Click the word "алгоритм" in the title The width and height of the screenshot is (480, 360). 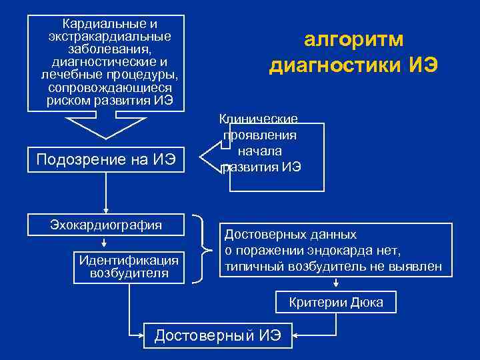[353, 40]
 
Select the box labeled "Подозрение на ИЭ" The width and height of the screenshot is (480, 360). [106, 159]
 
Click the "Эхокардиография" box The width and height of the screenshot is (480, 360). [106, 225]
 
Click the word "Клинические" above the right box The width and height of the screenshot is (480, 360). [258, 119]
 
